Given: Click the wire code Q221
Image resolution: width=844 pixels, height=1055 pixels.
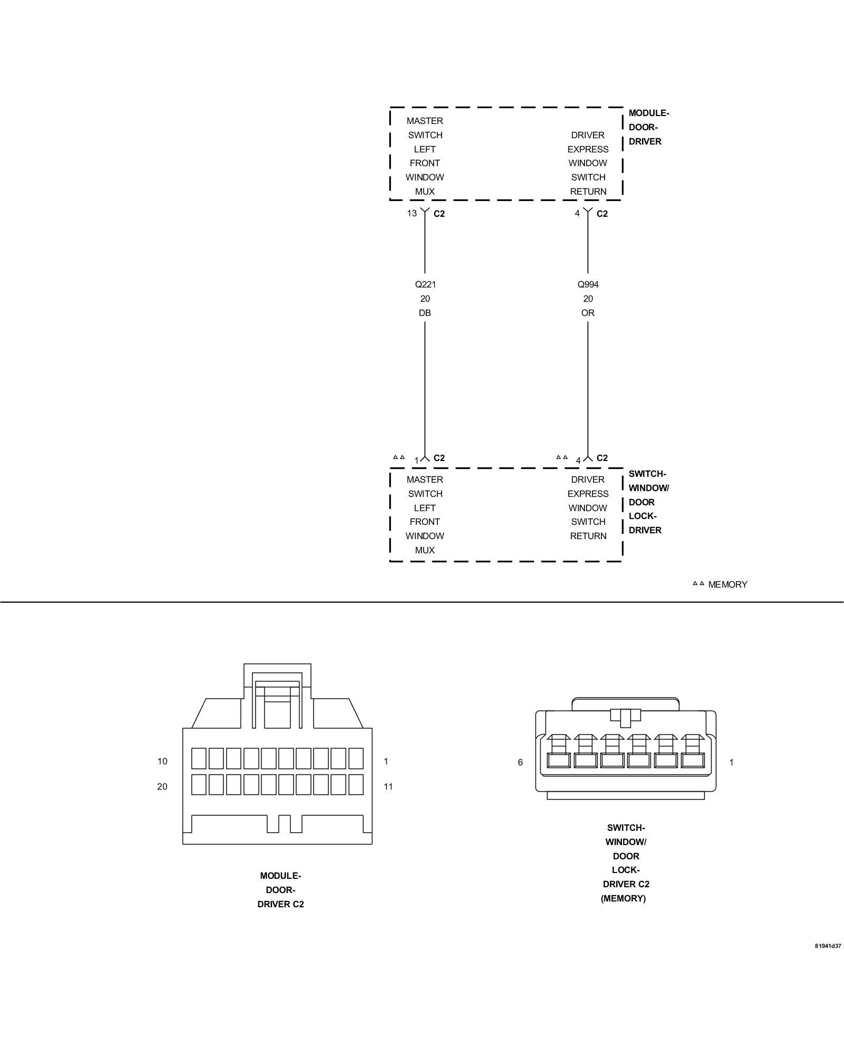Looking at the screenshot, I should coord(425,284).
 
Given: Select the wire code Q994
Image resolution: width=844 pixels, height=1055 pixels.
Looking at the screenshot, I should coord(588,284).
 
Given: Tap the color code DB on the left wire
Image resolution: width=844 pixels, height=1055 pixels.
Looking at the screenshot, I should coord(425,313).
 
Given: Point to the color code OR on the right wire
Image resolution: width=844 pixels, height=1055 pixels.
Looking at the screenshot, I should coord(588,313).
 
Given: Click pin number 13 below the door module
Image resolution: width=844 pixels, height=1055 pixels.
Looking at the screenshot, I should coord(411,213).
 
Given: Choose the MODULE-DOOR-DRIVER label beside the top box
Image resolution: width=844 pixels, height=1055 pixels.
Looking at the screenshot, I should coord(648,127).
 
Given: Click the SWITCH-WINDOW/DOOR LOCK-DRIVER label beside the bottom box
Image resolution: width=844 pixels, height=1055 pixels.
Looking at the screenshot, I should coord(648,502).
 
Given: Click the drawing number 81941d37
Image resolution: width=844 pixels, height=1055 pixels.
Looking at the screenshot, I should coord(828,961).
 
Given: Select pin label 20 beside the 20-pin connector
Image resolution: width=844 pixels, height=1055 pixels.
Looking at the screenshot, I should coord(162,787).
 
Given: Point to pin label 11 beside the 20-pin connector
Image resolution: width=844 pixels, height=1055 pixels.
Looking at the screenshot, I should coord(388,787).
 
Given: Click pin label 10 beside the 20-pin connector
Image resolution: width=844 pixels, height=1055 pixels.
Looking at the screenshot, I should coord(162,761).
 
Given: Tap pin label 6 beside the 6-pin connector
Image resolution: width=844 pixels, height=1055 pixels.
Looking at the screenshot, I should coord(520,762).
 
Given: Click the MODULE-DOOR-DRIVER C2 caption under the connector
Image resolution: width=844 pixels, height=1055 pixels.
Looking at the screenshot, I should coord(280,890).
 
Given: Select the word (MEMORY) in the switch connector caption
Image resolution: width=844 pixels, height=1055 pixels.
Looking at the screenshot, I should coord(623,898).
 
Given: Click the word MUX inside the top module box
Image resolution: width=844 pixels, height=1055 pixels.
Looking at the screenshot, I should coord(425,191).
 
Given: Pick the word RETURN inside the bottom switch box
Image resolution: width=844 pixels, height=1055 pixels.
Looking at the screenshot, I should coord(588,536).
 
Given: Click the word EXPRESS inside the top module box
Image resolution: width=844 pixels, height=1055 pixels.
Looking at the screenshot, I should coord(588,149).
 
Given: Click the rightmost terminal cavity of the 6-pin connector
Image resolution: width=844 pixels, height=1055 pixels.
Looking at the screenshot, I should coord(693,760).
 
